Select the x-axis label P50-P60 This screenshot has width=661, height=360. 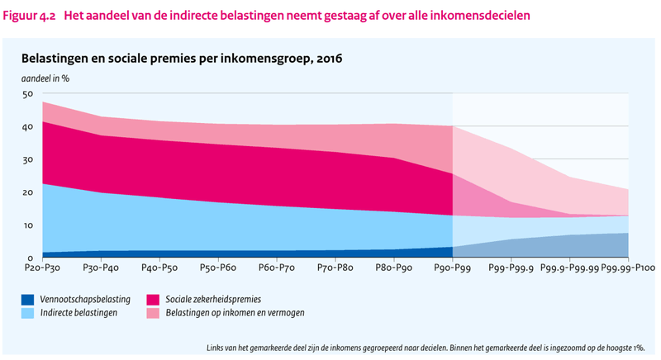(x=217, y=269)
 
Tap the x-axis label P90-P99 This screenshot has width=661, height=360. (x=453, y=269)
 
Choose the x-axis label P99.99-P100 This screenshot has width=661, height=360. (x=630, y=269)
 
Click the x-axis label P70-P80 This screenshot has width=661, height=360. (x=335, y=269)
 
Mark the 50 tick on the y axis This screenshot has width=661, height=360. (x=27, y=94)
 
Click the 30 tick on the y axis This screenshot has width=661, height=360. (x=27, y=160)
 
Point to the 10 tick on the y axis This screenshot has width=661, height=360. (x=27, y=225)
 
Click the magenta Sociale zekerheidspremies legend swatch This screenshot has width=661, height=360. (x=154, y=299)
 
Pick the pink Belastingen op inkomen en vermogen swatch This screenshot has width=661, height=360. (x=154, y=313)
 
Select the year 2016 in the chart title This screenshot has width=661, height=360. (x=326, y=59)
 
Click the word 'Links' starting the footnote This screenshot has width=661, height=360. (x=216, y=348)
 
